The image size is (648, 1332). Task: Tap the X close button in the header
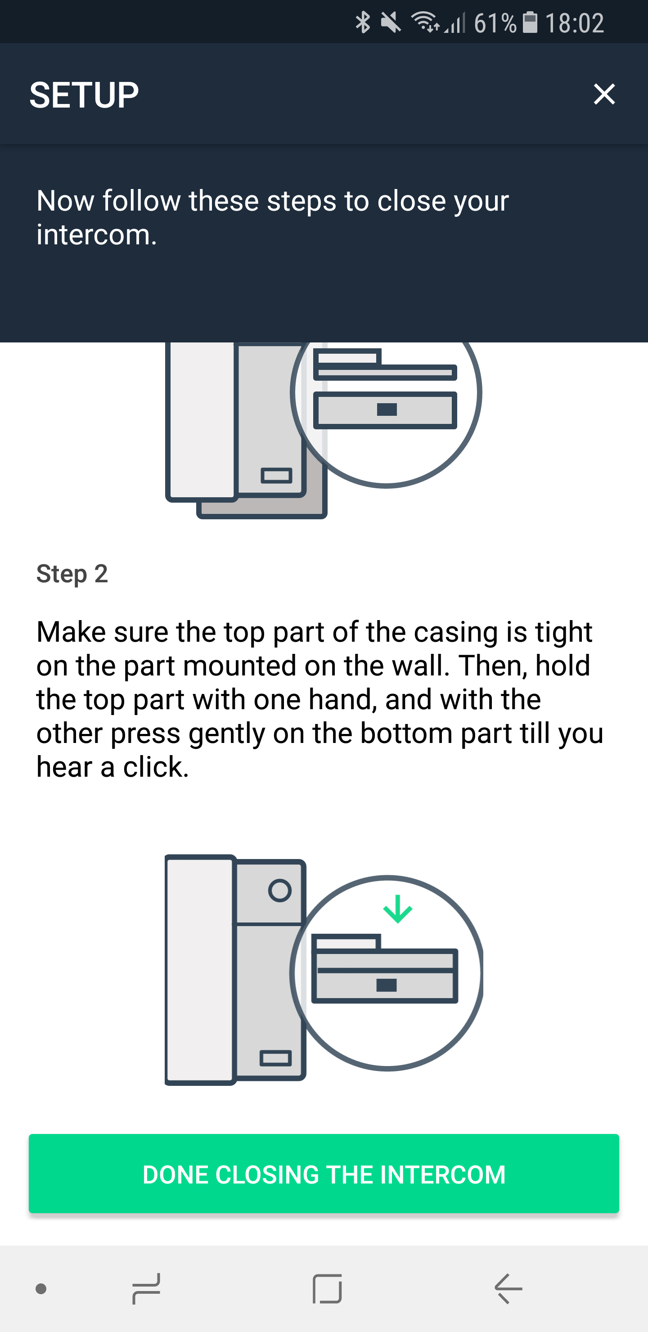click(x=604, y=94)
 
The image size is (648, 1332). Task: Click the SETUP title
click(x=84, y=95)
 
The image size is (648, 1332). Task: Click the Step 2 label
click(x=72, y=574)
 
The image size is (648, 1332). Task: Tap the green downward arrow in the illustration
click(x=397, y=909)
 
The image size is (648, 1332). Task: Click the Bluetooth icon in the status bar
click(x=363, y=22)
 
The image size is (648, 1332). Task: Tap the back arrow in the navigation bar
click(x=509, y=1288)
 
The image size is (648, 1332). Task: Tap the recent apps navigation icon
click(x=146, y=1288)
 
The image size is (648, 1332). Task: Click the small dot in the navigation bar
click(x=41, y=1288)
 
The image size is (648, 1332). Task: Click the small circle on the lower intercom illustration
click(x=280, y=891)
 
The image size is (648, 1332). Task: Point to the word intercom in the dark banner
click(x=96, y=235)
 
